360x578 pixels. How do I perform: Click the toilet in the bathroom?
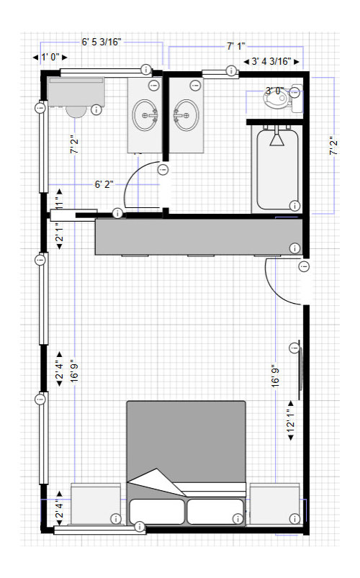point(282,98)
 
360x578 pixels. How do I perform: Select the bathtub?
point(277,169)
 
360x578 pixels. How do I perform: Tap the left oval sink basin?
point(145,115)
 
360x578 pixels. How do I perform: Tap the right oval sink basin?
point(186,115)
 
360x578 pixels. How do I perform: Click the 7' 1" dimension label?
point(236,47)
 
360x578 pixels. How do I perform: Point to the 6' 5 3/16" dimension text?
point(102,42)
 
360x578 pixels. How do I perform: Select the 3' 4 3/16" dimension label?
point(271,62)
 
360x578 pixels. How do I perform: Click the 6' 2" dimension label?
point(104,184)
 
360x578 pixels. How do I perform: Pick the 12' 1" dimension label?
point(291,420)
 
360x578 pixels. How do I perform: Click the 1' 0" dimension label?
point(50,57)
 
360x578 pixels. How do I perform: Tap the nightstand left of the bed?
point(96,504)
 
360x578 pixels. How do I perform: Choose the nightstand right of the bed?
point(275,504)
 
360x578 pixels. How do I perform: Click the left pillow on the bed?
point(157,511)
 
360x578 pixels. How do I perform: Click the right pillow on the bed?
point(215,511)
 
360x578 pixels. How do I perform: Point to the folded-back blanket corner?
point(157,483)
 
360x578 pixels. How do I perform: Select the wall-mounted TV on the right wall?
point(300,370)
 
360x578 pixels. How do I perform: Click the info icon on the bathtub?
point(294,205)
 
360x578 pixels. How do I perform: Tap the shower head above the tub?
point(276,138)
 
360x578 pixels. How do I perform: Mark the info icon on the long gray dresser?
point(294,248)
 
